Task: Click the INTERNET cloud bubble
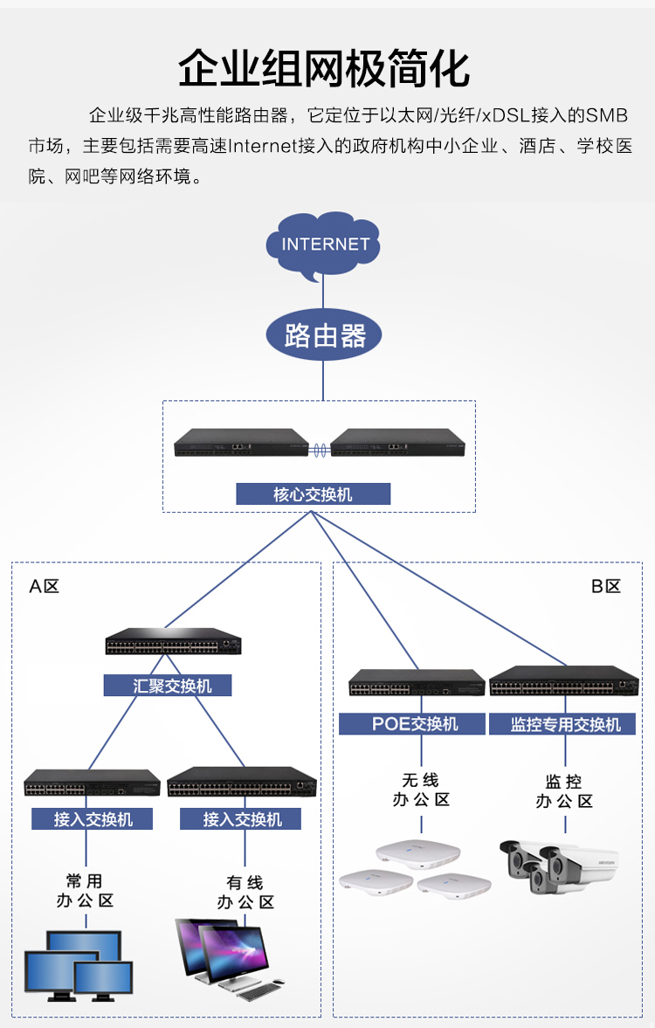coord(324,244)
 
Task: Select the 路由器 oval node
coord(324,335)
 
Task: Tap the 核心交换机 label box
coord(313,494)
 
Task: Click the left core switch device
coord(241,444)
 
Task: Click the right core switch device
coord(397,444)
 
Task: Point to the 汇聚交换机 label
coord(168,686)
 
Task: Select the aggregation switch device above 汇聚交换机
coord(173,643)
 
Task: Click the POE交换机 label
coord(411,724)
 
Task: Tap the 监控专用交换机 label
coord(565,724)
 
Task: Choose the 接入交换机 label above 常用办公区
coord(92,819)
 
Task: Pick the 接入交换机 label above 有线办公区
coord(241,819)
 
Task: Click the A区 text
coord(44,586)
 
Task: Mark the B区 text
coord(606,586)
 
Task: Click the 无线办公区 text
coord(420,790)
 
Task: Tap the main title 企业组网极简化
coord(324,68)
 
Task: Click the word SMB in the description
coord(606,116)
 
